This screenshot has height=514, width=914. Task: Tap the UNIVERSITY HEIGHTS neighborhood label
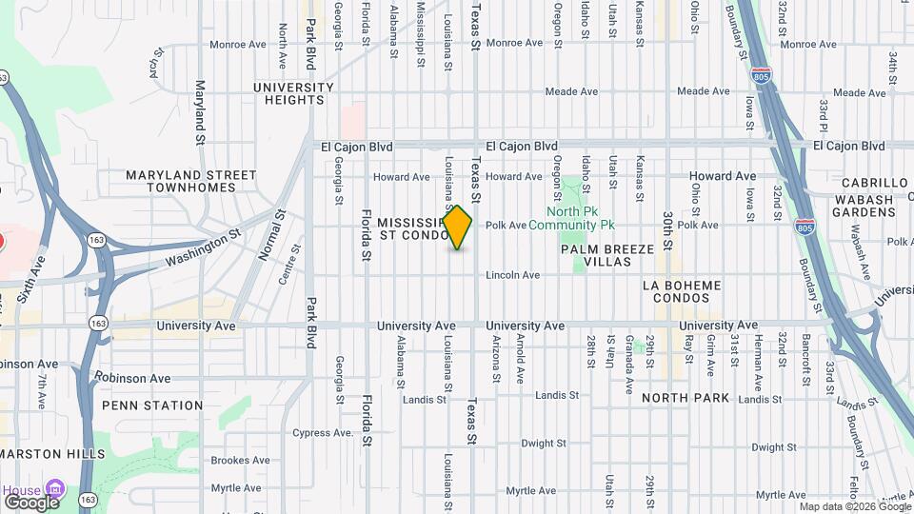click(x=293, y=94)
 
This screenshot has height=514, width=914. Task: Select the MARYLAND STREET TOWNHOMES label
click(x=191, y=181)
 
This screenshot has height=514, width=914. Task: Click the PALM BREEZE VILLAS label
click(x=607, y=255)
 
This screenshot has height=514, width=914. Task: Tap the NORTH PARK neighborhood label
click(x=685, y=398)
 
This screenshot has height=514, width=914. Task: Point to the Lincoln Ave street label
click(x=512, y=275)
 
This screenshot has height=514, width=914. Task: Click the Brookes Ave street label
click(x=241, y=461)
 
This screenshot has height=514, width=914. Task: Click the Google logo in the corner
click(x=30, y=502)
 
